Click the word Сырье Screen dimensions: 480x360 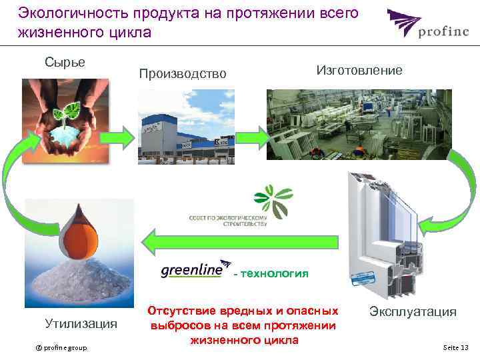click(65, 62)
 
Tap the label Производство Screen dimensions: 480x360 click(182, 73)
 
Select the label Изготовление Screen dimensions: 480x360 click(359, 70)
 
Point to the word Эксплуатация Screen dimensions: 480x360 click(413, 311)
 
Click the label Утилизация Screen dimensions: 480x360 click(81, 324)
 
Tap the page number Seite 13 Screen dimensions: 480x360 click(455, 348)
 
